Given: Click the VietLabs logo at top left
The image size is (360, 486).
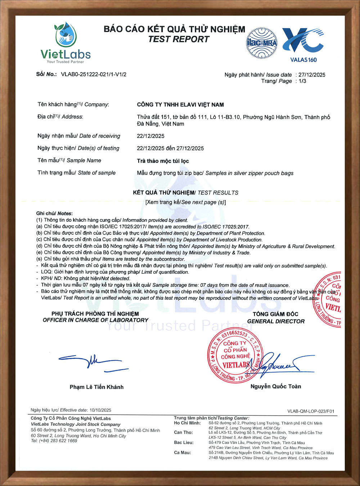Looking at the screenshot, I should [x=66, y=43].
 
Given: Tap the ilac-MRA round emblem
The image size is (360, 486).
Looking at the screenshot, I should [x=262, y=43].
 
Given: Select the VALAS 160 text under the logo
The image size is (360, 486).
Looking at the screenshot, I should [x=303, y=60].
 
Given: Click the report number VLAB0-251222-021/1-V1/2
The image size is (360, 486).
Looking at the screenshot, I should [x=94, y=75].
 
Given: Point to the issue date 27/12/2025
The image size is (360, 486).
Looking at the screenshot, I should [x=312, y=75].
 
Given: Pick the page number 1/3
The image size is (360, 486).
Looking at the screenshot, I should [x=302, y=81].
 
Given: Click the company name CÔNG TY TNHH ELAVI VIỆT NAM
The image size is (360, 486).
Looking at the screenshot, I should [x=180, y=105].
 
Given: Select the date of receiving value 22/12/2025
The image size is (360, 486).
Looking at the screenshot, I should [x=150, y=136].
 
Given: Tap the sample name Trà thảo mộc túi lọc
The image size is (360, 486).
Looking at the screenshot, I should [x=163, y=161].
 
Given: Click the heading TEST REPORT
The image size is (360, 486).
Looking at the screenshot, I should [x=179, y=39].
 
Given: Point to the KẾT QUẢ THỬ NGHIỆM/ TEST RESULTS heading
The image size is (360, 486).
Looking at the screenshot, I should [x=185, y=193].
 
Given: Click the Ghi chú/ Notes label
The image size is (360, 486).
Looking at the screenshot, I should [x=54, y=213].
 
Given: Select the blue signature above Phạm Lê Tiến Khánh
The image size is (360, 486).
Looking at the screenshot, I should [x=93, y=362].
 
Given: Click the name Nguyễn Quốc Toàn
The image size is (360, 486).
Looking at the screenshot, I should [x=276, y=387].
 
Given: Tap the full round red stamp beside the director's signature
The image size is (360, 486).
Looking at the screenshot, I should [x=235, y=356].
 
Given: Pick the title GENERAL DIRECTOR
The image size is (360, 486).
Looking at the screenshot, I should [x=276, y=321].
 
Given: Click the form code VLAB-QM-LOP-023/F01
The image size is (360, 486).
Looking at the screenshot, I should [x=311, y=411].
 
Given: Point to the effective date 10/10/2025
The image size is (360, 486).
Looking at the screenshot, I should [x=100, y=410].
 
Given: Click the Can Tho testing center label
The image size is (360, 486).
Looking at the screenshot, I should [x=183, y=432].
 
